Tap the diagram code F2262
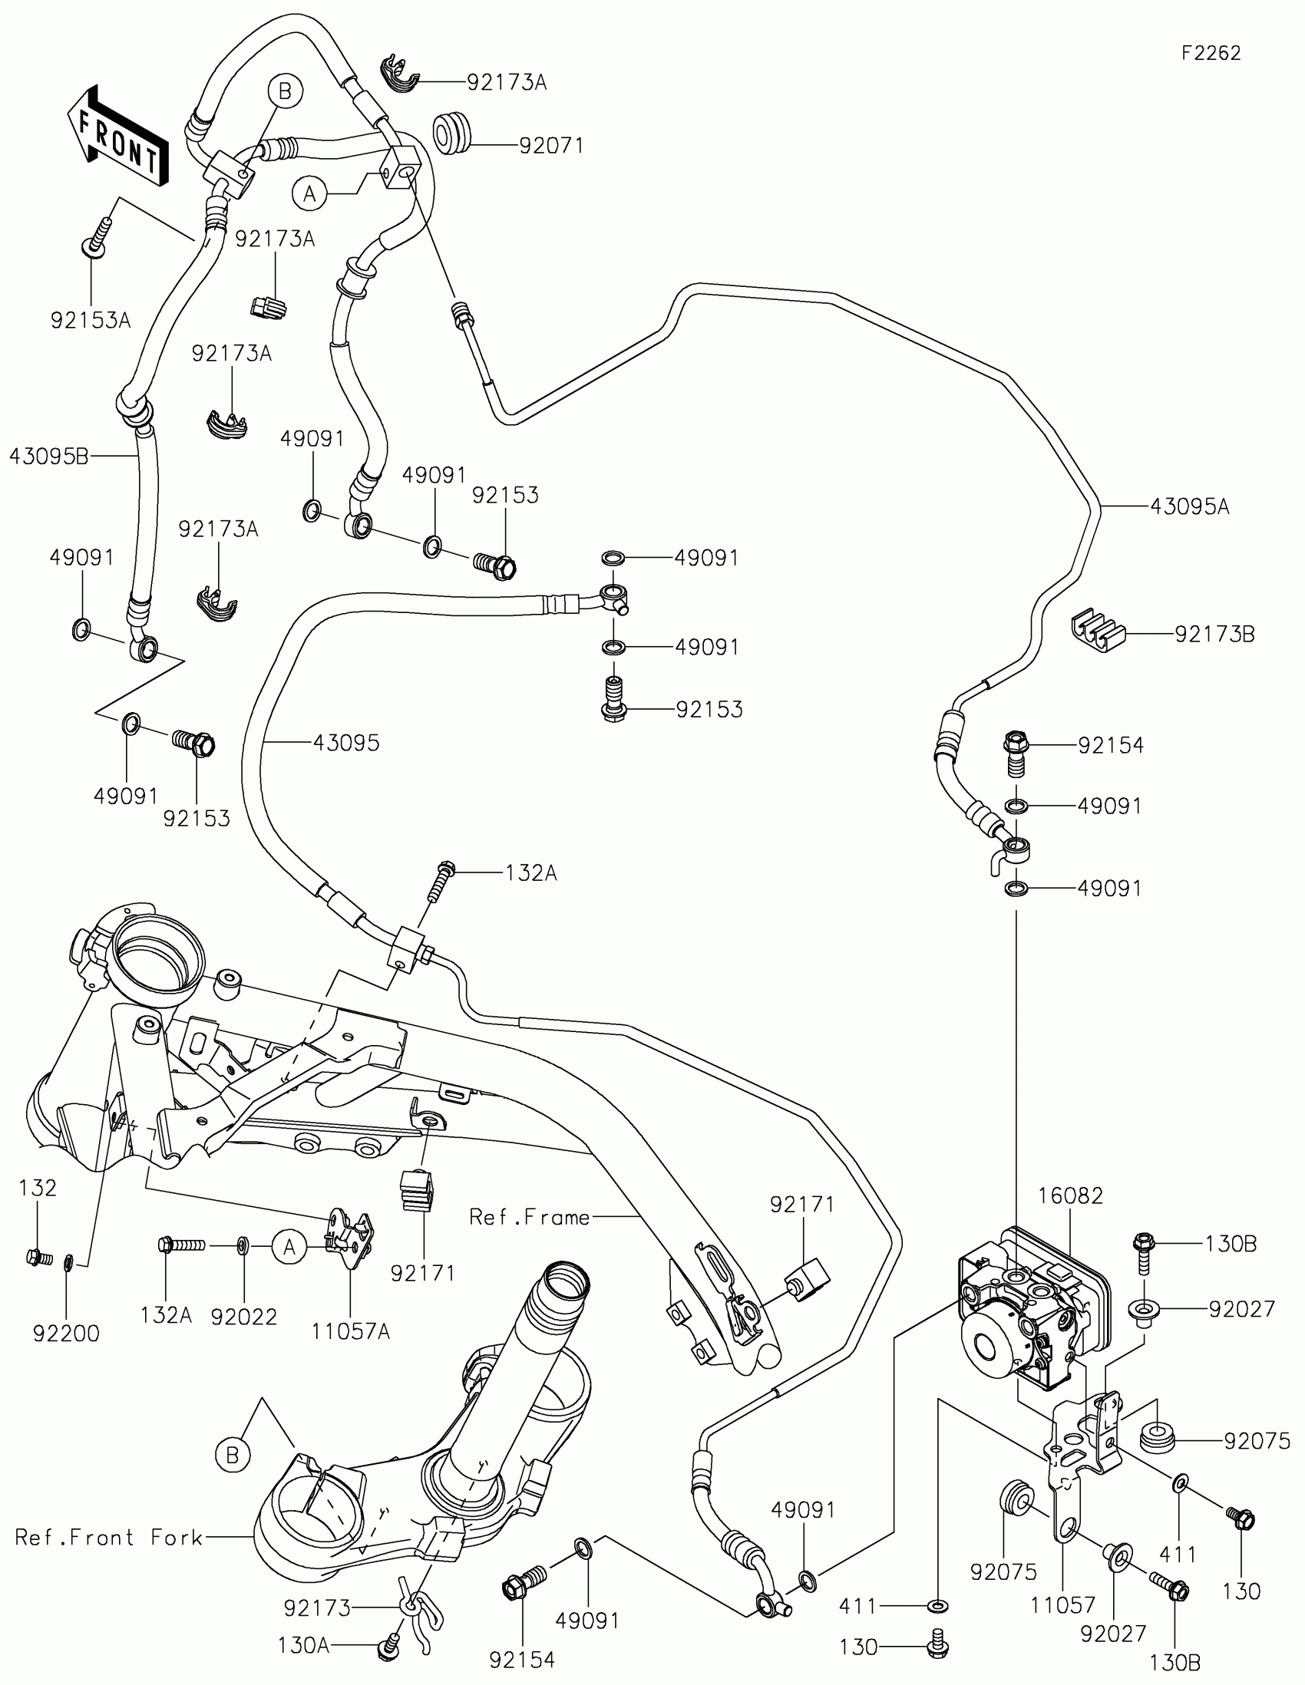coord(1211,53)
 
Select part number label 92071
coord(551,145)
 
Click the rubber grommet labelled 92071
coord(451,133)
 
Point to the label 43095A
coord(1189,507)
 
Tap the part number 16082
coord(1070,1196)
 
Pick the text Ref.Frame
coord(530,1218)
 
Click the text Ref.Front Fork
coord(109,1538)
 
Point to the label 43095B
coord(49,457)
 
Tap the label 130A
coord(303,1647)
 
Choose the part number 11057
coord(1062,1605)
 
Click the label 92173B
coord(1214,635)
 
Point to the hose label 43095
coord(346,743)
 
